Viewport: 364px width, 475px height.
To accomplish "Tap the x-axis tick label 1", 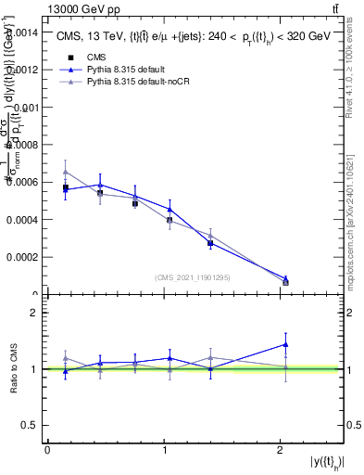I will click(x=164, y=450).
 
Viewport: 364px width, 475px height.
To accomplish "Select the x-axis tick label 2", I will click(x=281, y=450).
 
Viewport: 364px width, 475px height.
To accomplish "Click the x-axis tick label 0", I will click(x=47, y=450).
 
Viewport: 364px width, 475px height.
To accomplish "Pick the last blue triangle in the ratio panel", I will click(x=285, y=344).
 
